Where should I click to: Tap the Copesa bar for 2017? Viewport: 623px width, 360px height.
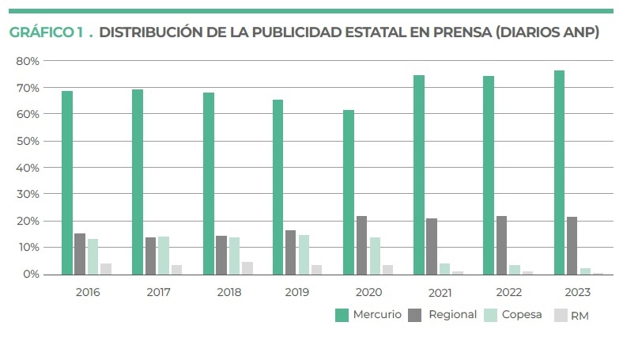point(164,256)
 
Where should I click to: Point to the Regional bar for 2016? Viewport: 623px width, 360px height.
point(80,254)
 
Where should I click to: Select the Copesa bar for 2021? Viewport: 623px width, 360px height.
point(445,269)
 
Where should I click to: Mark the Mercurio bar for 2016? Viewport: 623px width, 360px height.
point(67,183)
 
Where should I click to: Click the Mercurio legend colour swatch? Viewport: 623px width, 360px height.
point(342,315)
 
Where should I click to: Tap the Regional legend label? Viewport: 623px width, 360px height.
point(452,315)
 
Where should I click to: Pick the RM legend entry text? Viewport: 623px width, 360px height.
point(580,316)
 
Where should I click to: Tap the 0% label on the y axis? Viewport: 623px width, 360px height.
point(31,275)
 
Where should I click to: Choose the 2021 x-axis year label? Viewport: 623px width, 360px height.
point(440,292)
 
